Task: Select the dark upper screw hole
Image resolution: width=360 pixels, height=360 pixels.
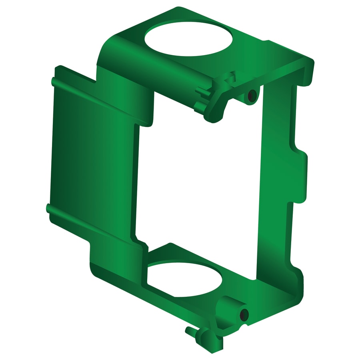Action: pos(252,95)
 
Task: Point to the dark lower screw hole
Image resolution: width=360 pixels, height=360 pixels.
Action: pos(243,315)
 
